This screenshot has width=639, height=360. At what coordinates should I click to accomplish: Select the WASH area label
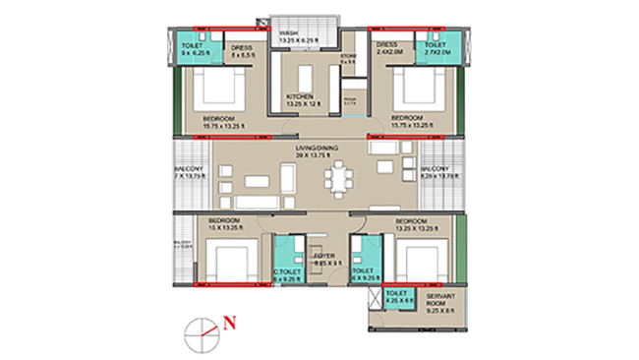(288, 32)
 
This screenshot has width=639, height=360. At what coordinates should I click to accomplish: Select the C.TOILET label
(287, 271)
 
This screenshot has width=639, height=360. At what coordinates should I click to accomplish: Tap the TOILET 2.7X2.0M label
(434, 47)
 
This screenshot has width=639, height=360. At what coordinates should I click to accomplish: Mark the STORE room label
(348, 58)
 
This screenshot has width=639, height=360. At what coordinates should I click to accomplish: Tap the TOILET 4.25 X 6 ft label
(398, 298)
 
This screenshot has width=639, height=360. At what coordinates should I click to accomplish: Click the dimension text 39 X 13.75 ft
(318, 153)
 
